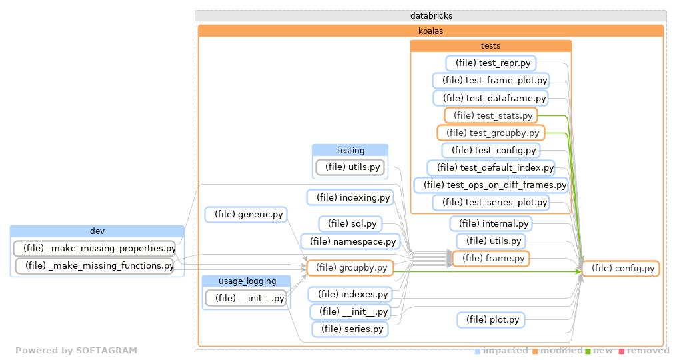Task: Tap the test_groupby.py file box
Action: click(491, 133)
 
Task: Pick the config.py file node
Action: click(620, 269)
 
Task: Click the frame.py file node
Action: click(491, 258)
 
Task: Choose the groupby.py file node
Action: click(350, 268)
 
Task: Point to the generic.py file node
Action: click(245, 215)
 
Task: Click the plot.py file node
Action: click(491, 320)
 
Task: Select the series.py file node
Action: click(350, 329)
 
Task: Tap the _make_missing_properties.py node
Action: click(94, 249)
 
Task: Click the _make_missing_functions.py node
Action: click(94, 266)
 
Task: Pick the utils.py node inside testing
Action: click(350, 167)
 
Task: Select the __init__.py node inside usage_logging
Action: click(246, 298)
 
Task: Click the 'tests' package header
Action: click(491, 46)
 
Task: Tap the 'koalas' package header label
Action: click(430, 31)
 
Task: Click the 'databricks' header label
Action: click(430, 16)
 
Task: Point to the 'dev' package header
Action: click(97, 231)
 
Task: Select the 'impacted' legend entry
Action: click(501, 351)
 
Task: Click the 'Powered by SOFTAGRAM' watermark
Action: click(76, 351)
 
